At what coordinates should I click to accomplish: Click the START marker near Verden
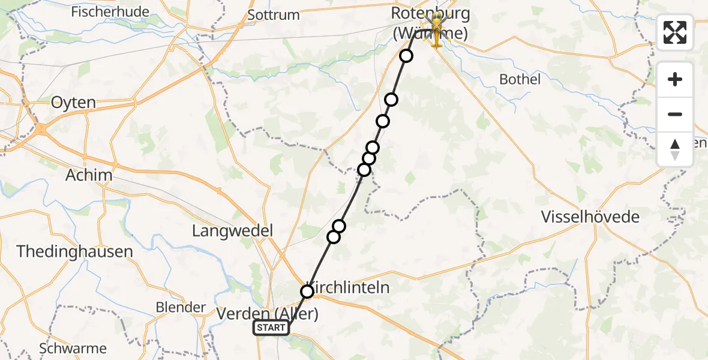[272, 328]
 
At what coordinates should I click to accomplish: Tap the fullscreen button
[675, 32]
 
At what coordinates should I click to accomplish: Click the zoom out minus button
[675, 114]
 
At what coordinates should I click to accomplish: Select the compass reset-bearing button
[675, 149]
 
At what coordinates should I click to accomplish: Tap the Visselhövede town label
[590, 217]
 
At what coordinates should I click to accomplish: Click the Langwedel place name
[232, 230]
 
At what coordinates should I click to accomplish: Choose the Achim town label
[89, 175]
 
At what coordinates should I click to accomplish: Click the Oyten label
[73, 103]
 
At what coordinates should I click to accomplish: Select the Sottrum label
[273, 15]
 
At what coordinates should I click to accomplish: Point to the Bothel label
[520, 79]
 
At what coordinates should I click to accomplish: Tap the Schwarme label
[73, 348]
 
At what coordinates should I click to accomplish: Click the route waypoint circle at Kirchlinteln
[307, 292]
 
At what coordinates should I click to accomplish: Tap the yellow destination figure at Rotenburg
[437, 31]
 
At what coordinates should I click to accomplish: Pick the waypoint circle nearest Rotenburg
[406, 56]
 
